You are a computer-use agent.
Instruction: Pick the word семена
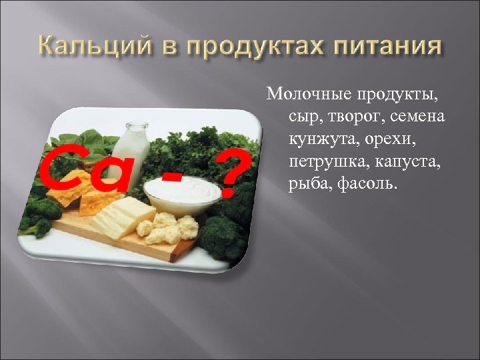pyautogui.click(x=417, y=118)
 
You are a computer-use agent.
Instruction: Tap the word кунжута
pyautogui.click(x=319, y=140)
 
